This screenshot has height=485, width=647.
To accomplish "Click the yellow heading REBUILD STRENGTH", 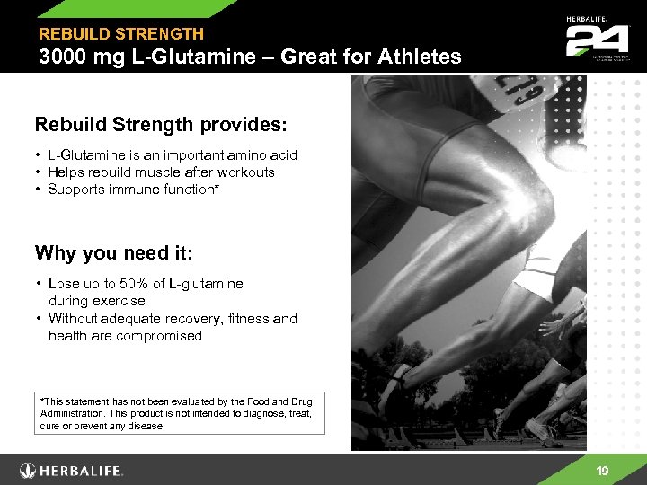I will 120,34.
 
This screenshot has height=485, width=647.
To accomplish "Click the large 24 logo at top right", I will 590,40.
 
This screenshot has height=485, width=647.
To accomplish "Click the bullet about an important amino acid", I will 172,155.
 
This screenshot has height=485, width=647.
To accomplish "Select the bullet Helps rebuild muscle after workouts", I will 161,172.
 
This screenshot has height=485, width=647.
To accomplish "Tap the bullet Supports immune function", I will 136,190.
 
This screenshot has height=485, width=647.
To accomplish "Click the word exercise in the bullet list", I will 122,301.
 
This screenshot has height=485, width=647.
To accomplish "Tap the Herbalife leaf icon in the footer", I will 30,470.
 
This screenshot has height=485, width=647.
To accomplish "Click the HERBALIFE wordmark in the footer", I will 83,471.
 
